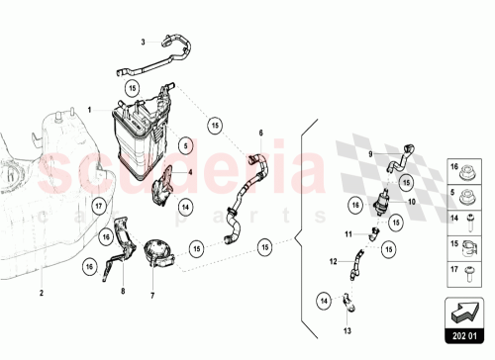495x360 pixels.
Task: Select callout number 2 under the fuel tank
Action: (42, 294)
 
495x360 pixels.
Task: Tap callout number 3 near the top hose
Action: (142, 43)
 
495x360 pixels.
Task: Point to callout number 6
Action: (261, 133)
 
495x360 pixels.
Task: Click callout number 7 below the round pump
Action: (152, 295)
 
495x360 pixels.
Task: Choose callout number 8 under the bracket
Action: (122, 292)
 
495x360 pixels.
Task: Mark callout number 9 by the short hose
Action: (373, 156)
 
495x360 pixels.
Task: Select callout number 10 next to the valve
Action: (413, 200)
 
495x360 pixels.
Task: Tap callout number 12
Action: (333, 261)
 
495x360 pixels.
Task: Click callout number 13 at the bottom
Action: (346, 330)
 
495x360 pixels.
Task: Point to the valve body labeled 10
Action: (379, 204)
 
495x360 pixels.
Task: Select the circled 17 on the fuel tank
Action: (99, 207)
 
